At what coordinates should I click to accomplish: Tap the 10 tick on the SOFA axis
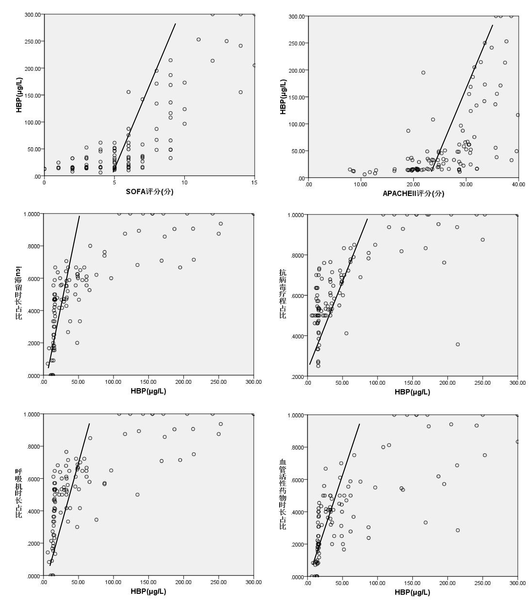pos(184,182)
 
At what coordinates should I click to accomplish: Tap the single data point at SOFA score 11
pos(198,39)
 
